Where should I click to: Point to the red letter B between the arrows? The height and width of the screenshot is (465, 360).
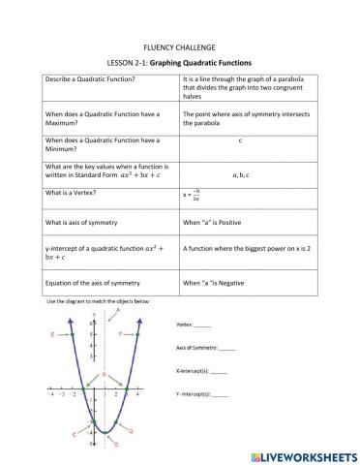tap(104, 373)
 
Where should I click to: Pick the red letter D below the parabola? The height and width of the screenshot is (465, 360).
tap(115, 447)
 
